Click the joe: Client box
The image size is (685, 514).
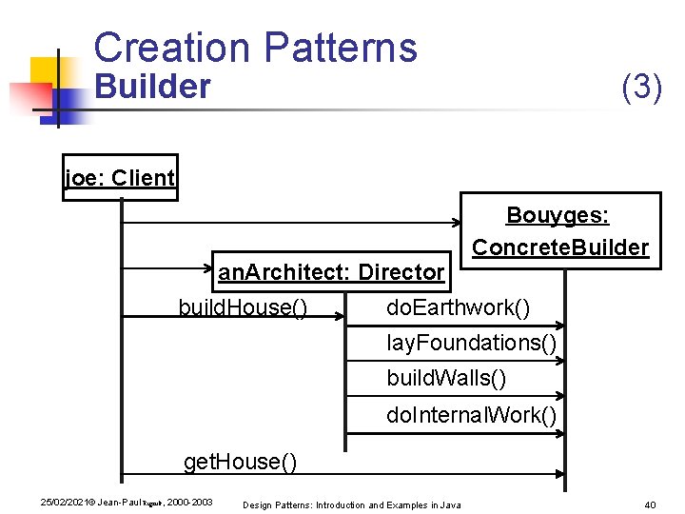tap(120, 178)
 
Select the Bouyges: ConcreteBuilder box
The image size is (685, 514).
tap(559, 231)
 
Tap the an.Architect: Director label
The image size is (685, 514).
tap(331, 272)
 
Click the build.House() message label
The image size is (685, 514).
tap(243, 308)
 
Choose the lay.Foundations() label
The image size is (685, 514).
tap(471, 344)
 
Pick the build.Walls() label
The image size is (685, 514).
tap(446, 378)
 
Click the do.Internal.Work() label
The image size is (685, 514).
tap(471, 415)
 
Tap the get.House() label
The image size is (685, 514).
tap(240, 462)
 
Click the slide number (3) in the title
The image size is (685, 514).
tap(641, 87)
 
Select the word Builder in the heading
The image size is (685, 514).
tap(152, 87)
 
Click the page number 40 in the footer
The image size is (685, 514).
tap(651, 504)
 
